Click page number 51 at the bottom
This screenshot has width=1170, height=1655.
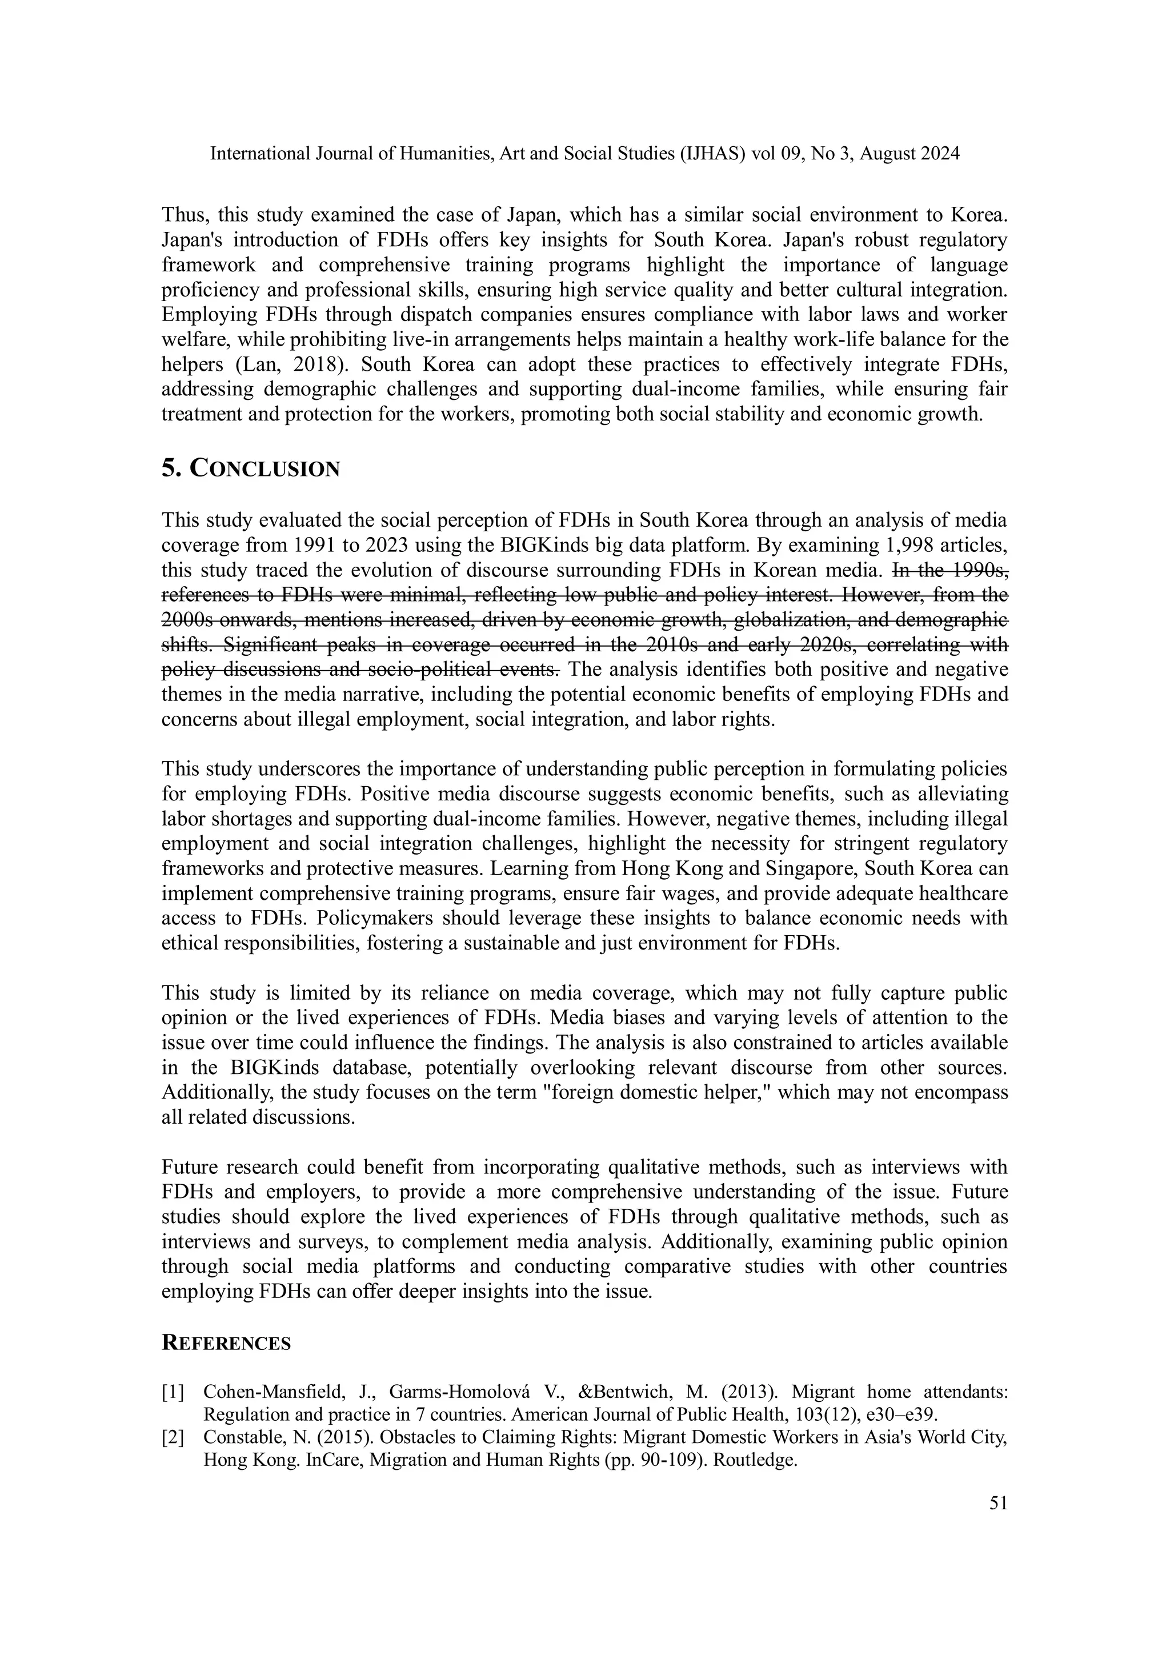tap(997, 1503)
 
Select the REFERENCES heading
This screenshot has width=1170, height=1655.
tap(226, 1343)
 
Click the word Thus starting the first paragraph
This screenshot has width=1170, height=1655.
tap(185, 215)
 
